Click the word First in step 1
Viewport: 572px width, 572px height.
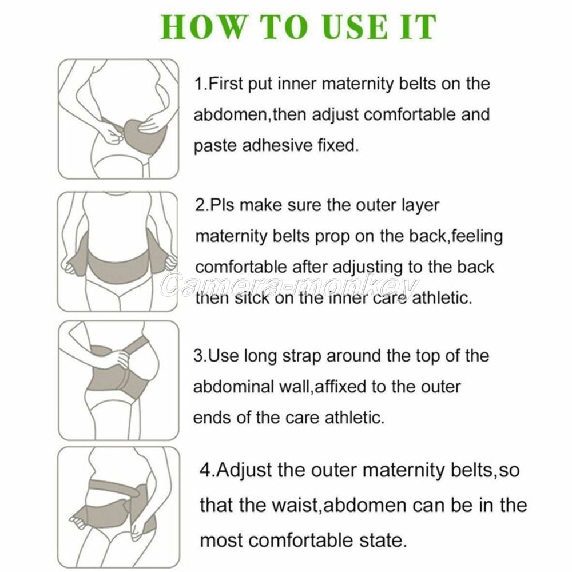(x=226, y=84)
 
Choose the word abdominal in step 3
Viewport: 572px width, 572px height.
(x=233, y=386)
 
